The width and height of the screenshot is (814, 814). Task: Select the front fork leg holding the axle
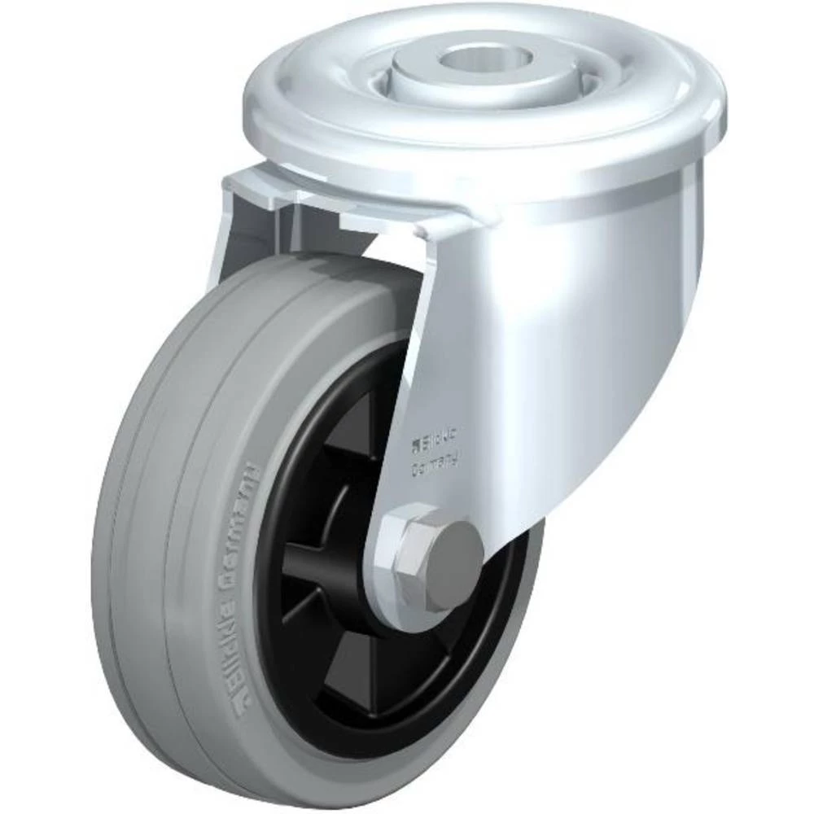440,391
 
